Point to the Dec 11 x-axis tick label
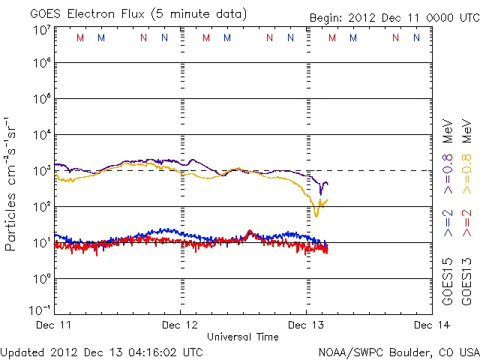[54, 325]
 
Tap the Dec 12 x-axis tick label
[180, 325]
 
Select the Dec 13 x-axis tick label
[306, 325]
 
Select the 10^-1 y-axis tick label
[40, 310]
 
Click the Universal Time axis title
[243, 337]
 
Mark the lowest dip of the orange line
[316, 215]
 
